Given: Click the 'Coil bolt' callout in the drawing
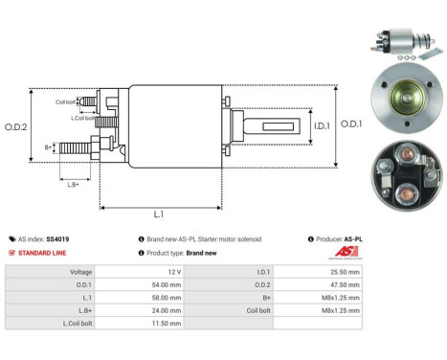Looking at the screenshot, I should click(x=65, y=101).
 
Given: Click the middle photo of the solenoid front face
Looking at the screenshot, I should click(x=404, y=101).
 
